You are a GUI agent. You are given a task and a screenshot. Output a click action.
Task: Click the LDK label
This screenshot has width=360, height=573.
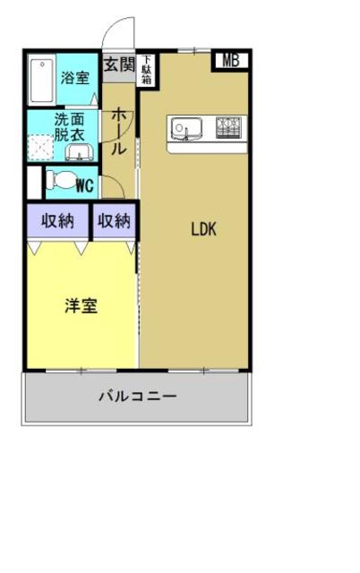203,228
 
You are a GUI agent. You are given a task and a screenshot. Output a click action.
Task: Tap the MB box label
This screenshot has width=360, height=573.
230,61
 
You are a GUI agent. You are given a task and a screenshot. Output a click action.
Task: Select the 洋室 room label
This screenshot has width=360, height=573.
81,306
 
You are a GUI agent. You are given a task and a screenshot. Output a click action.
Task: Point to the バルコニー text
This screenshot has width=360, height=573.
137,396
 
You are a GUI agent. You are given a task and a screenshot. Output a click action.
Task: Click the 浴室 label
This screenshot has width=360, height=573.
75,77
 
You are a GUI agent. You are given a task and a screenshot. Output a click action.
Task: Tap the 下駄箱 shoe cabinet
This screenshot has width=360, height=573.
144,70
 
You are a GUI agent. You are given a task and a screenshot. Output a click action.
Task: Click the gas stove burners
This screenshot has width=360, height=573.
227,128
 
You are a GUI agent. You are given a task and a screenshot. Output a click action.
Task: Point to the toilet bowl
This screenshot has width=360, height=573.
62,181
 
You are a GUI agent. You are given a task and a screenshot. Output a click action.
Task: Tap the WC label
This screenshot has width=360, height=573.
86,186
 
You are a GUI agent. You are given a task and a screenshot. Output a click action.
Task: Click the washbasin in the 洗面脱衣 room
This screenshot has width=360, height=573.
79,153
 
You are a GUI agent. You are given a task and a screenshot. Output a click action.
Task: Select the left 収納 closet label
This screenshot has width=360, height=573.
57,221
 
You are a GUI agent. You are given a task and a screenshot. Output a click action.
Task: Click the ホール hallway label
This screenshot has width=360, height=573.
118,132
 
